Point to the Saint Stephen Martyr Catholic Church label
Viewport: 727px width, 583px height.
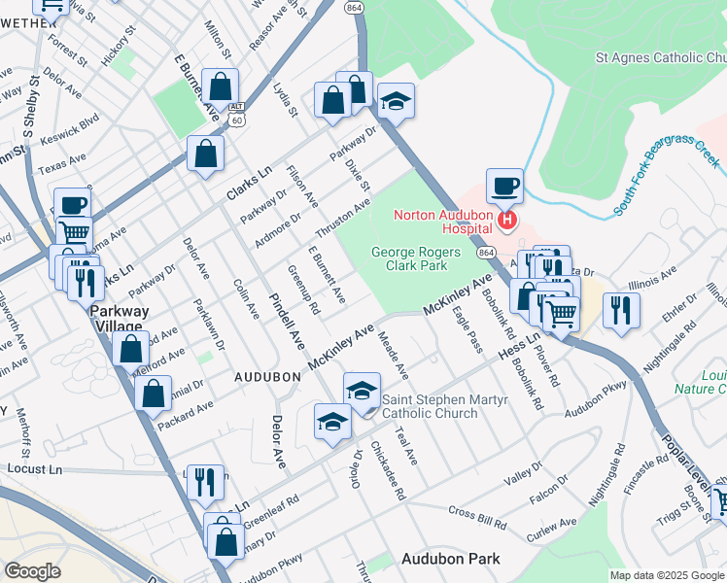(x=430, y=406)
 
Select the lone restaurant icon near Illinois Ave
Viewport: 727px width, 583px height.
(x=619, y=310)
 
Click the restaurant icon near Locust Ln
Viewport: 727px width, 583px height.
(x=205, y=481)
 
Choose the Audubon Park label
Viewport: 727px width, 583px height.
(x=451, y=559)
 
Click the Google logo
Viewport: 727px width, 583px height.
(x=32, y=570)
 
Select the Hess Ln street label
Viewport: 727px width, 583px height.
(x=518, y=347)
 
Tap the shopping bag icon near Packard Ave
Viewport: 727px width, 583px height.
(x=153, y=394)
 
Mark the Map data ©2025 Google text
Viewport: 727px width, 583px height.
(x=666, y=575)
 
